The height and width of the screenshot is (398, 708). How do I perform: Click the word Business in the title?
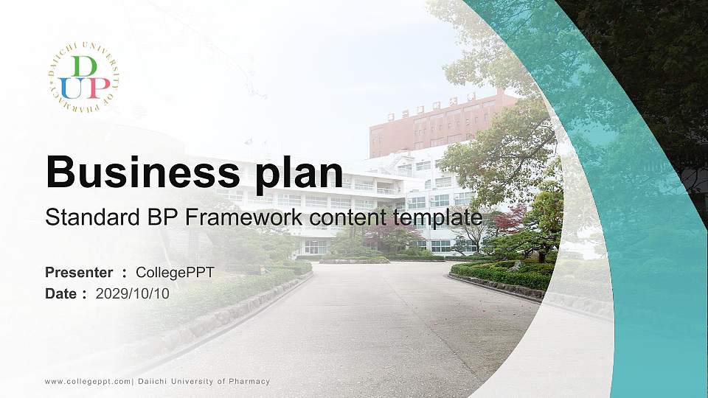pyautogui.click(x=141, y=172)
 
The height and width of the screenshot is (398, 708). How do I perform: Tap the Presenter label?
pyautogui.click(x=79, y=273)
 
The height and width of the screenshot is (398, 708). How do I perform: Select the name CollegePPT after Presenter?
pyautogui.click(x=175, y=273)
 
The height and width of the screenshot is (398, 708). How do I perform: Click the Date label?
pyautogui.click(x=61, y=293)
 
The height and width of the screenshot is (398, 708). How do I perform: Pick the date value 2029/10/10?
pyautogui.click(x=133, y=293)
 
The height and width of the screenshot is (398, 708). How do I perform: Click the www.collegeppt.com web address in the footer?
pyautogui.click(x=88, y=381)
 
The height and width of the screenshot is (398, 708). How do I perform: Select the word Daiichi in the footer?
pyautogui.click(x=155, y=381)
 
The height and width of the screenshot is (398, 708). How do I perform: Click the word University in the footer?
pyautogui.click(x=195, y=381)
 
